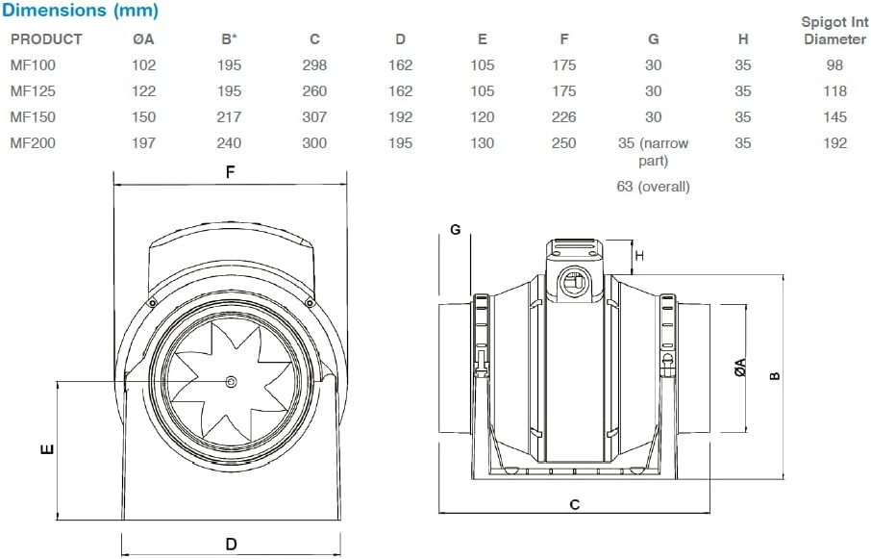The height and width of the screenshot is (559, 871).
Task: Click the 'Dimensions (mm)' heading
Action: pyautogui.click(x=80, y=12)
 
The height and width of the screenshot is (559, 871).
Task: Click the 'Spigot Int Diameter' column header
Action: pyautogui.click(x=834, y=30)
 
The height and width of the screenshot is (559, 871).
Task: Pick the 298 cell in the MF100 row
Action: pyautogui.click(x=313, y=65)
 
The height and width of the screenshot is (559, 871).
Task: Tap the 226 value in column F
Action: pyautogui.click(x=564, y=117)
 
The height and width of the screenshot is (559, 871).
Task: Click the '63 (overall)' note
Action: pyautogui.click(x=653, y=187)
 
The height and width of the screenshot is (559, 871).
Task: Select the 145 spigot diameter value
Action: pyautogui.click(x=834, y=117)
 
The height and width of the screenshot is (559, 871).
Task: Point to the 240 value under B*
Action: pyautogui.click(x=229, y=143)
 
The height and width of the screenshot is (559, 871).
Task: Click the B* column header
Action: pyautogui.click(x=229, y=39)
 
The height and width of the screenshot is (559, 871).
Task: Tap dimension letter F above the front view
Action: pyautogui.click(x=231, y=172)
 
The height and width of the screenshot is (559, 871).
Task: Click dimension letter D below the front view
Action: pyautogui.click(x=231, y=545)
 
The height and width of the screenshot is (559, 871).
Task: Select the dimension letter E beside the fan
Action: pyautogui.click(x=46, y=449)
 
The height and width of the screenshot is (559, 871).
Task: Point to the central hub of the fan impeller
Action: pyautogui.click(x=231, y=382)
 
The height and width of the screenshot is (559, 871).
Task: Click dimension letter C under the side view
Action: pyautogui.click(x=575, y=504)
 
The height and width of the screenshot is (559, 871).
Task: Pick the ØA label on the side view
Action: pyautogui.click(x=739, y=368)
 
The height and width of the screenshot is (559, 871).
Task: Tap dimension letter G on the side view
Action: pyautogui.click(x=456, y=229)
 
